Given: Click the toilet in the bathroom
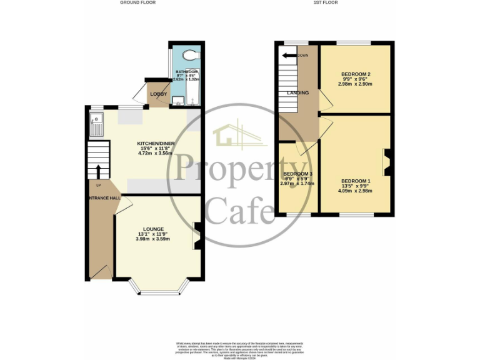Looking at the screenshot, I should [190, 56].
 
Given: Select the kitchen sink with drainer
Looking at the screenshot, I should [97, 127].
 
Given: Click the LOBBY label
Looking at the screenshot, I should [158, 94].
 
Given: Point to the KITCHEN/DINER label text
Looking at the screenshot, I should [156, 144].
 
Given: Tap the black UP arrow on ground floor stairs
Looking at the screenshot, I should [98, 170].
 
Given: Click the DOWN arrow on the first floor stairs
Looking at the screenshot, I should [289, 56].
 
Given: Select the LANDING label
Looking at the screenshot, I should [297, 93].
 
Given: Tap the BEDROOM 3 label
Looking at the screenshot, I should [297, 174].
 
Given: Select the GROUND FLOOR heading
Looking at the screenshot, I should [137, 3].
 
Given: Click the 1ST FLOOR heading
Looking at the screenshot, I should [326, 3].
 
